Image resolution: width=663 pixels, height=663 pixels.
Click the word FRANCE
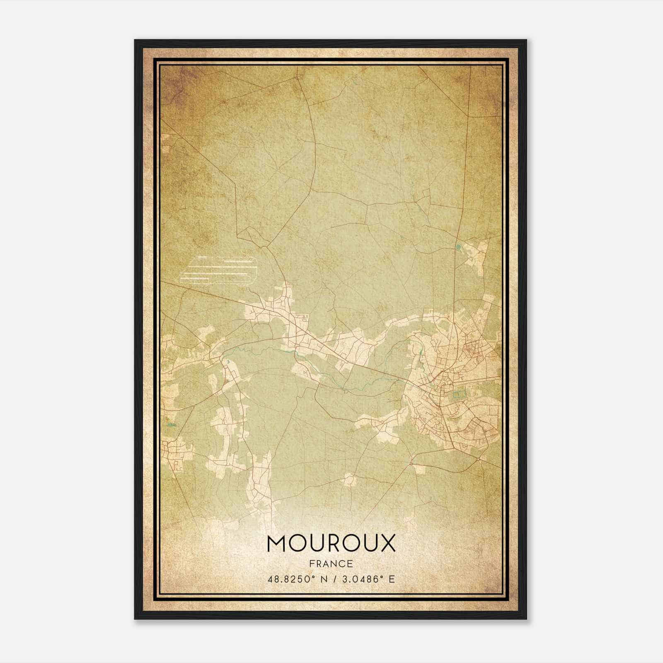pos(331,564)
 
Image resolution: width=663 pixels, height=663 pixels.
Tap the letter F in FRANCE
pos(312,564)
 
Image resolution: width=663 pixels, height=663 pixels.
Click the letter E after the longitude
pos(391,579)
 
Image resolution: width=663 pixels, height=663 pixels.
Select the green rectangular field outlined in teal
pos(459,394)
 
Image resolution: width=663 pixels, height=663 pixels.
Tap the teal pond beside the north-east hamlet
pos(458,248)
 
